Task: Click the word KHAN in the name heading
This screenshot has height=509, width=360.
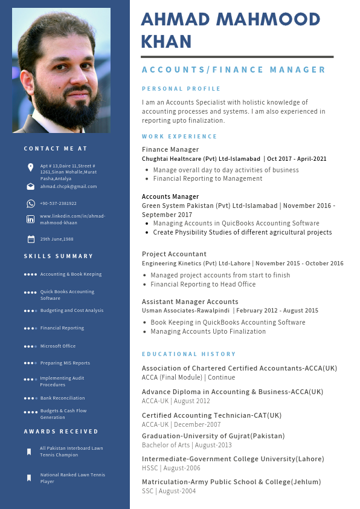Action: [166, 41]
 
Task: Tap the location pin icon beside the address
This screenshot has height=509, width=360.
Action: [30, 167]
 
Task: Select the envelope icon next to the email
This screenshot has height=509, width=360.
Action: [30, 187]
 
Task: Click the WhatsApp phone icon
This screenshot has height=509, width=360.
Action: [30, 204]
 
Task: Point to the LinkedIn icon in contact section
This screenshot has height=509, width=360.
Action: [30, 219]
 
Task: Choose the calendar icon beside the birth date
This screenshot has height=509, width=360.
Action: [30, 239]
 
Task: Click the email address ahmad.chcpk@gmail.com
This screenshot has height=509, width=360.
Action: [68, 187]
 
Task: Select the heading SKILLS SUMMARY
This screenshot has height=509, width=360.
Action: [59, 256]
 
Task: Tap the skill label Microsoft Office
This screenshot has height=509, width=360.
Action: [58, 346]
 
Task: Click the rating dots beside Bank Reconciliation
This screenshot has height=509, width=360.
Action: [30, 398]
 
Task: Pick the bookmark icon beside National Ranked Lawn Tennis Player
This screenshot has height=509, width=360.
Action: [28, 478]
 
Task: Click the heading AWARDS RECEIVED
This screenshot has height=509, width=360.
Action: [61, 432]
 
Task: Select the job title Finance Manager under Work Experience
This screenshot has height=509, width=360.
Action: [170, 149]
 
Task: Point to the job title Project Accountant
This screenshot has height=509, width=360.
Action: [174, 254]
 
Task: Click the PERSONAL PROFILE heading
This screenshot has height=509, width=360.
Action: [173, 89]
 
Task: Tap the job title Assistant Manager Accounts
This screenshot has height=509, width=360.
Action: [190, 302]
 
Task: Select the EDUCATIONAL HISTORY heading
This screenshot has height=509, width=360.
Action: [188, 354]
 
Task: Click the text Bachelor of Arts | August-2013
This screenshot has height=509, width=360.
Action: [187, 446]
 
